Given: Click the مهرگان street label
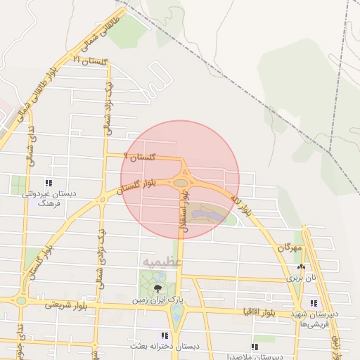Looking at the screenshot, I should (289, 248).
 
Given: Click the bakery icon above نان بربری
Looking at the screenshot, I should (302, 267).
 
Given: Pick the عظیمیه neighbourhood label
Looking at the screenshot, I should (162, 262).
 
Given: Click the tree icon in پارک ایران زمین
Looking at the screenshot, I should (157, 288).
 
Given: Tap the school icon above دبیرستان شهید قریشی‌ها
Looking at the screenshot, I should (314, 303).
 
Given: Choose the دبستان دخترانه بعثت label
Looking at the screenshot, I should (164, 347).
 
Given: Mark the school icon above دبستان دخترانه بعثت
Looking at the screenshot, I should (165, 336).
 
